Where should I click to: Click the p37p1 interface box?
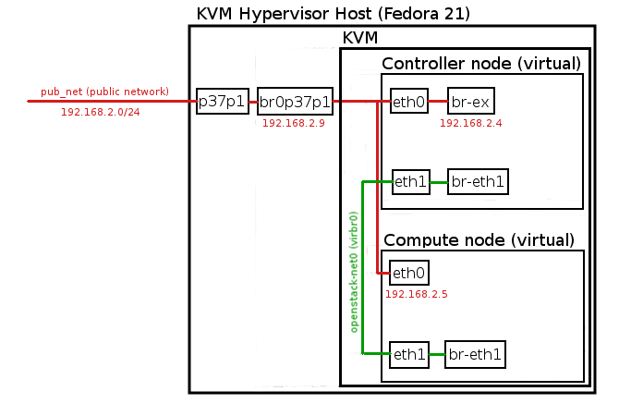click(223, 102)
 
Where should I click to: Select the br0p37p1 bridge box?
click(295, 102)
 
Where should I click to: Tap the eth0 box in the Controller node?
click(408, 102)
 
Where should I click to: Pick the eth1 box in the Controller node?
click(410, 181)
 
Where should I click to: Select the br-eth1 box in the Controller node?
click(478, 181)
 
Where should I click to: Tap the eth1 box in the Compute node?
click(408, 352)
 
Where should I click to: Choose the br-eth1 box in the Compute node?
click(476, 352)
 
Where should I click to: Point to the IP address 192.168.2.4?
click(470, 123)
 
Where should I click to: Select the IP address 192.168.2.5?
click(416, 294)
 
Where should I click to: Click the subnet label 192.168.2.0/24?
click(100, 112)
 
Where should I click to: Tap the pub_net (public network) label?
click(104, 92)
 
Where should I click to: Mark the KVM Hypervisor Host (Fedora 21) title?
click(334, 14)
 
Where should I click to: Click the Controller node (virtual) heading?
click(481, 64)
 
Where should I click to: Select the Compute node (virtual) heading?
click(479, 239)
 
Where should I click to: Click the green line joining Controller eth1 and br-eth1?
click(438, 181)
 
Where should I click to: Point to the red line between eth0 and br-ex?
click(438, 102)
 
